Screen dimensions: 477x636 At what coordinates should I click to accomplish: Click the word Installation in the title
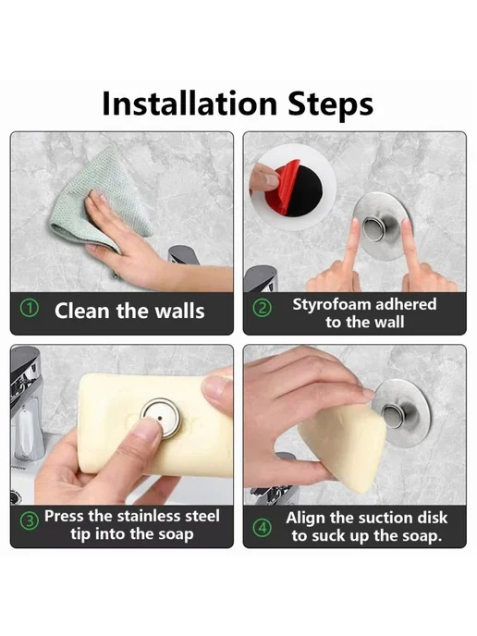pos(190,104)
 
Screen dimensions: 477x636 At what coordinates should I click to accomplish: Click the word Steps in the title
pos(330,105)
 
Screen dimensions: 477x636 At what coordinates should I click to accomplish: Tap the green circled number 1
pos(30,309)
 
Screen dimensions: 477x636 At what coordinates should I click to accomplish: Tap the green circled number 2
pos(262,309)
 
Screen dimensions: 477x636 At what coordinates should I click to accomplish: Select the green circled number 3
pos(30,520)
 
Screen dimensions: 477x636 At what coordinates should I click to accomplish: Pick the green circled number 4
pos(262,528)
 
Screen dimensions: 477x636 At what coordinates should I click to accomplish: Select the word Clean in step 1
pos(83,312)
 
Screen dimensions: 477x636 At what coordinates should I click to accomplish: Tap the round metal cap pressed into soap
pos(162,418)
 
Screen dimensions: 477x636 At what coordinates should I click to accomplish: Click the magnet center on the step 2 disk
pos(373,228)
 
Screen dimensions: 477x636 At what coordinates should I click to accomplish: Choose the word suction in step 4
pos(375,518)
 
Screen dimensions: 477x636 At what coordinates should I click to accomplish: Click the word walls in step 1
pos(180,312)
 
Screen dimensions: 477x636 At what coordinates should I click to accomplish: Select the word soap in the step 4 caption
pos(421,536)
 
